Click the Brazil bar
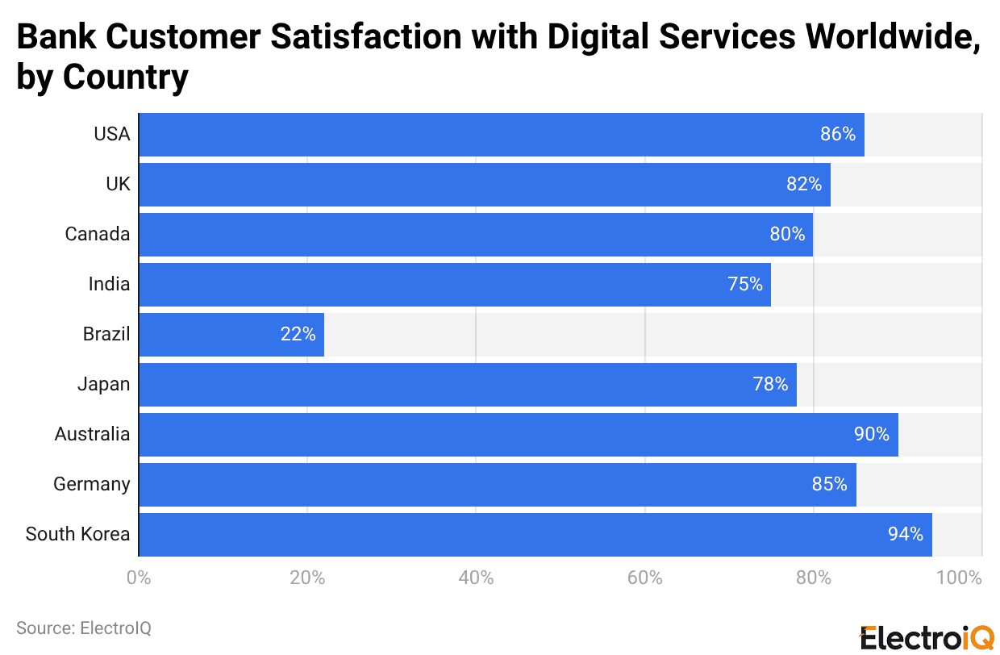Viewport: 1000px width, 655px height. tap(231, 334)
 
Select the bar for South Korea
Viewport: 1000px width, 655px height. tap(535, 534)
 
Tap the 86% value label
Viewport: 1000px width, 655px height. tap(838, 134)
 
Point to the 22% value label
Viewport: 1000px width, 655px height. tap(298, 334)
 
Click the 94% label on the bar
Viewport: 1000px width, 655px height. tap(906, 534)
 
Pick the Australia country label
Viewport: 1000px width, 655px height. tap(92, 434)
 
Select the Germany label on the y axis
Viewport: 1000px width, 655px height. tap(91, 484)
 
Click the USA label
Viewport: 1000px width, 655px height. tap(111, 134)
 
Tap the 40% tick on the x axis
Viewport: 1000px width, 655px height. tap(476, 578)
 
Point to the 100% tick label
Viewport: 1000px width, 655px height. tap(960, 578)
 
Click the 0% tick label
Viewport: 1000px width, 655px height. tap(139, 578)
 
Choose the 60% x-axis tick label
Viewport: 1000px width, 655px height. tap(644, 578)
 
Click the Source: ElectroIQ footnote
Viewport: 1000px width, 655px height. tap(84, 628)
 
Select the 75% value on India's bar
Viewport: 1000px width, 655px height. tap(744, 284)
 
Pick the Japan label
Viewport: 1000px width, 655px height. tap(103, 384)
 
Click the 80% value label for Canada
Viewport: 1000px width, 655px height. tap(787, 234)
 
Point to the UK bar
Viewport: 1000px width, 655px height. tap(484, 184)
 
